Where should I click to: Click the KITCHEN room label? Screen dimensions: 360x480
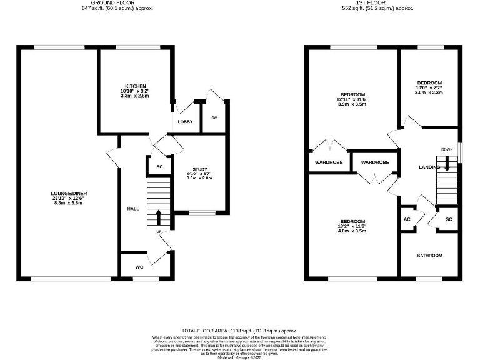click(135, 86)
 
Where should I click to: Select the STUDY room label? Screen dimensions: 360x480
click(199, 169)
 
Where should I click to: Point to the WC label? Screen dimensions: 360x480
click(140, 266)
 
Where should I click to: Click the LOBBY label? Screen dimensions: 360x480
click(185, 121)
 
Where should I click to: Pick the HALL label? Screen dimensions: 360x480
click(133, 209)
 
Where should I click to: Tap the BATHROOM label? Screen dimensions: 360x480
click(429, 256)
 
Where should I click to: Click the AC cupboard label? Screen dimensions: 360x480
click(407, 219)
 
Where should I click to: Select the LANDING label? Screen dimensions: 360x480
click(429, 167)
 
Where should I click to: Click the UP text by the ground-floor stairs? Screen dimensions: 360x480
click(159, 232)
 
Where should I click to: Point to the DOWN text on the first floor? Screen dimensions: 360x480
click(447, 149)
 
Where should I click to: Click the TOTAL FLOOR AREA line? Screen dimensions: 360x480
click(239, 331)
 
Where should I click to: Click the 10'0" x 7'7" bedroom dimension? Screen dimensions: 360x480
click(429, 88)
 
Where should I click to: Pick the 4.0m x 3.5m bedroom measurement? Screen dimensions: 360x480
click(353, 232)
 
